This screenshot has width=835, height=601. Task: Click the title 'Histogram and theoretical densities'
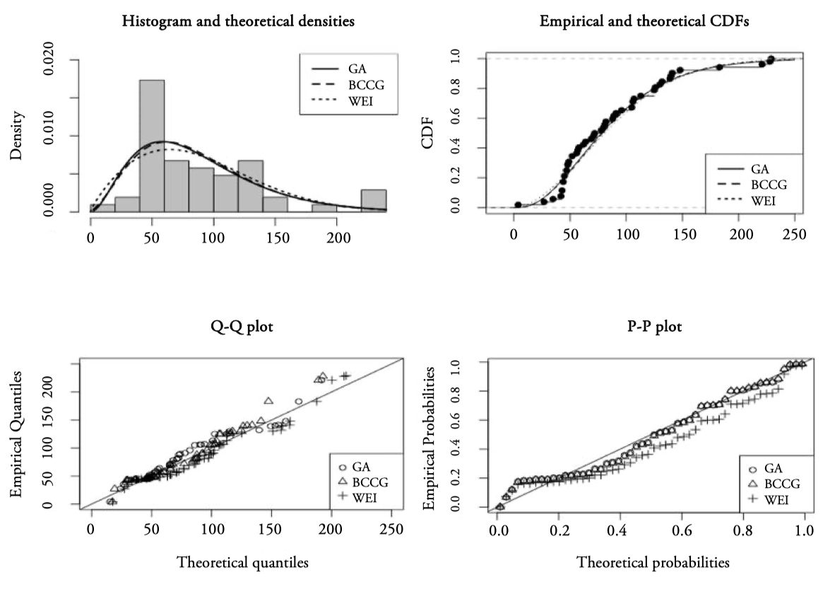[238, 21]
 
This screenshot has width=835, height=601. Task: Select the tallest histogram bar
[152, 146]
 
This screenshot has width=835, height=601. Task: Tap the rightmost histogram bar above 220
[374, 201]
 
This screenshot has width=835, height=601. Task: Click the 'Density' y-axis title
[18, 136]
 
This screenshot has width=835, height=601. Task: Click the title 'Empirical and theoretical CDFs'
[644, 21]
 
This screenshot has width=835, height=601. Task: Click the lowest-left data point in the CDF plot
[518, 204]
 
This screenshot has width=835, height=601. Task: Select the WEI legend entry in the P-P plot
[774, 500]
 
